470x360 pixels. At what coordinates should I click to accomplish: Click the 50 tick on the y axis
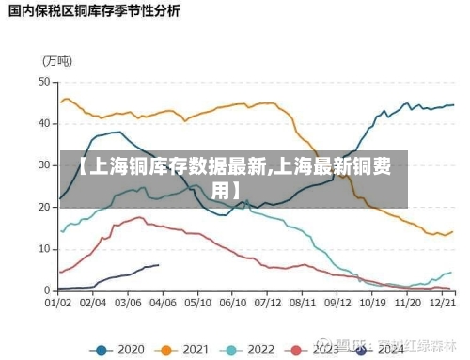43,82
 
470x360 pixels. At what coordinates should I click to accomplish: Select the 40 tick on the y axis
43,123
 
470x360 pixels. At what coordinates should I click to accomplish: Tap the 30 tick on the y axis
43,164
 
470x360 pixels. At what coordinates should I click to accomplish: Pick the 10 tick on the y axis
43,247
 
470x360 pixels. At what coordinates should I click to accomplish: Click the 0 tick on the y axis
46,289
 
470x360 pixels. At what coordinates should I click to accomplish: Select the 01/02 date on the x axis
58,304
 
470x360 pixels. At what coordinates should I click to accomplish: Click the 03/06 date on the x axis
128,304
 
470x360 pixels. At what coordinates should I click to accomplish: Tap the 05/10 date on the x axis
197,304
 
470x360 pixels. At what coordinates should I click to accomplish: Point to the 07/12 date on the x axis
268,304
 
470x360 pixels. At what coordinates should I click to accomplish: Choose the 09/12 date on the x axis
337,304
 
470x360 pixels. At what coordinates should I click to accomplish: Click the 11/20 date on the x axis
407,304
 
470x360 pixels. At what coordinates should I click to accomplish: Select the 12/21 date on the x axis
442,304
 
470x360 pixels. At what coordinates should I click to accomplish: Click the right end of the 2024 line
158,265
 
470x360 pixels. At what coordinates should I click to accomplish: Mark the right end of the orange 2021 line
452,231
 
